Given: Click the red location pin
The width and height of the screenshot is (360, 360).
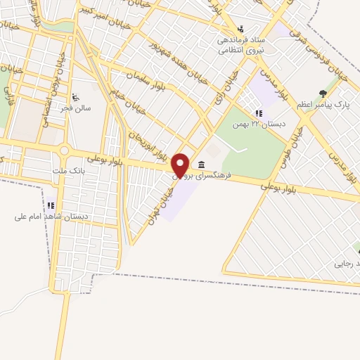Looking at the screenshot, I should coord(181,165).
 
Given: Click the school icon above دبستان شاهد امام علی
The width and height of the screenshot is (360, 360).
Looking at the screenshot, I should coord(51,205).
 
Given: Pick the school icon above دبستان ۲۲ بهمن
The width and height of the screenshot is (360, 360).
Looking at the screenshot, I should coord(259,113).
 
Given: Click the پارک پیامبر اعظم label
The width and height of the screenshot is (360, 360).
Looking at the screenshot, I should coord(322,104).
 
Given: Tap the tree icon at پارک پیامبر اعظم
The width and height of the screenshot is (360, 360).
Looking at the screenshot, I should coord(323,93).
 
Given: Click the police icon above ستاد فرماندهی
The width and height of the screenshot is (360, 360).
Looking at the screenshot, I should coord(241,29).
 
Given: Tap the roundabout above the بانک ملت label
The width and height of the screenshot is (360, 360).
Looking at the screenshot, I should coord(64,150).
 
